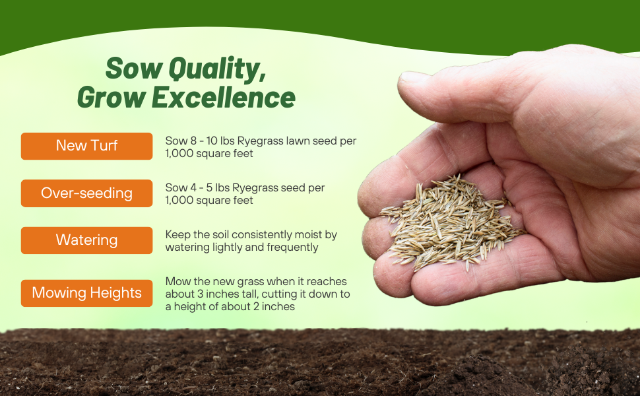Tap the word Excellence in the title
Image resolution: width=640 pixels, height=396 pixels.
[224, 98]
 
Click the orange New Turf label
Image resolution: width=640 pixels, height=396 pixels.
[86, 146]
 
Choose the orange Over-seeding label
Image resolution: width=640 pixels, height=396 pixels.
[86, 193]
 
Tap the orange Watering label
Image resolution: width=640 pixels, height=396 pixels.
[86, 240]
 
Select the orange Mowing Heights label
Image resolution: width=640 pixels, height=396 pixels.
[86, 293]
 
